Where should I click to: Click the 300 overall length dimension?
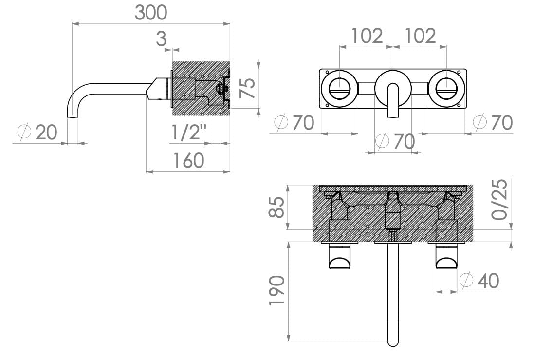click(x=151, y=12)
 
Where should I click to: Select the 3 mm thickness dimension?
click(x=161, y=39)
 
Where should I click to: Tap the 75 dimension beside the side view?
click(x=248, y=88)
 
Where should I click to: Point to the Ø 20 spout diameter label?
click(x=37, y=132)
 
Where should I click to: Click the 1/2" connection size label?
click(x=189, y=132)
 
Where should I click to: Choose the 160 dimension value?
click(x=188, y=160)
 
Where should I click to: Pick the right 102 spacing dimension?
click(x=420, y=36)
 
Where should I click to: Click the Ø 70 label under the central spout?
click(x=395, y=142)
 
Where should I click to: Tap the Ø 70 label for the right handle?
click(x=493, y=122)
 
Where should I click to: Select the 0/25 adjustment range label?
click(x=500, y=200)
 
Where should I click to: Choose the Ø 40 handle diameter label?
click(x=479, y=281)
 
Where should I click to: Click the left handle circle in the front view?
click(x=339, y=88)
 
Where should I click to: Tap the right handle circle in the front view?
click(x=446, y=88)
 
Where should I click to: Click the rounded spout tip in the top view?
click(x=392, y=341)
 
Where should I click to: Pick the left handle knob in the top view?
click(x=339, y=258)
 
